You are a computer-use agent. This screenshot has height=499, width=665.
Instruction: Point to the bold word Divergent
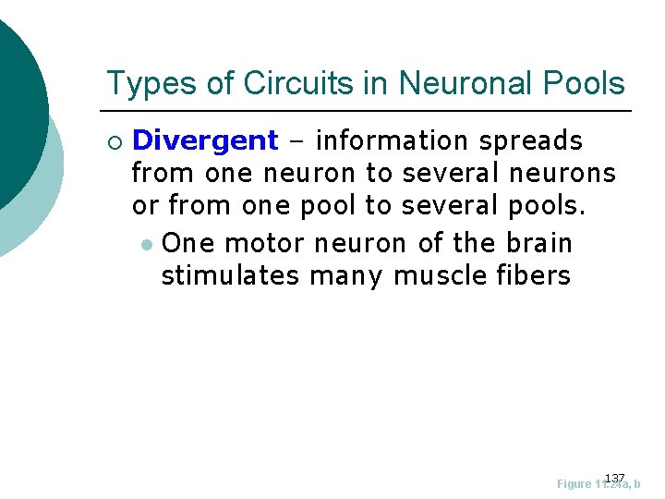[x=205, y=140]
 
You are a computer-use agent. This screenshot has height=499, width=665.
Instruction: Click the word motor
[x=265, y=244]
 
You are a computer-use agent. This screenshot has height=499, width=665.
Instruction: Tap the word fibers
[x=538, y=275]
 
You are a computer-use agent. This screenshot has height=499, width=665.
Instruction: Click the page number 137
[x=615, y=477]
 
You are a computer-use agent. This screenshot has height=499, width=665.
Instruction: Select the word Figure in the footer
[x=575, y=484]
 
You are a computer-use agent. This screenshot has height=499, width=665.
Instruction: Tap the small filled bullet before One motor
[x=146, y=245]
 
